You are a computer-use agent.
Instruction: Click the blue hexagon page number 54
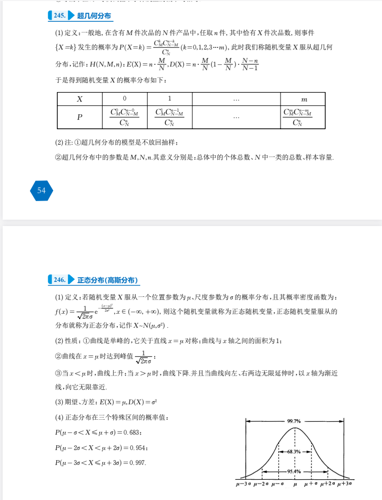[x=41, y=190]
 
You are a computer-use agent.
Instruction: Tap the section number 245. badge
[x=58, y=16]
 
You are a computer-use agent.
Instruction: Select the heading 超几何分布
[x=94, y=16]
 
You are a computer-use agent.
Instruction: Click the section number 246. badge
[x=58, y=280]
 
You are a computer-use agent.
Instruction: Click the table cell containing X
[x=79, y=99]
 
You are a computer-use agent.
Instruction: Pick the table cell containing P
[x=79, y=118]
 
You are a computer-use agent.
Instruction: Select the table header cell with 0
[x=124, y=99]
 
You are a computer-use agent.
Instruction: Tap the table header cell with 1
[x=169, y=99]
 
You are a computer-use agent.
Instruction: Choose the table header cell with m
[x=303, y=99]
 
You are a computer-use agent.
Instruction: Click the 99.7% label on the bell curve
[x=294, y=421]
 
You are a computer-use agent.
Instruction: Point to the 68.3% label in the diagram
[x=294, y=451]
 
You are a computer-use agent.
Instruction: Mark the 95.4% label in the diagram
[x=294, y=472]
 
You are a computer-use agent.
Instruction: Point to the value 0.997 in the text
[x=137, y=463]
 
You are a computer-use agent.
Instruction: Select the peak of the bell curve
[x=295, y=428]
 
